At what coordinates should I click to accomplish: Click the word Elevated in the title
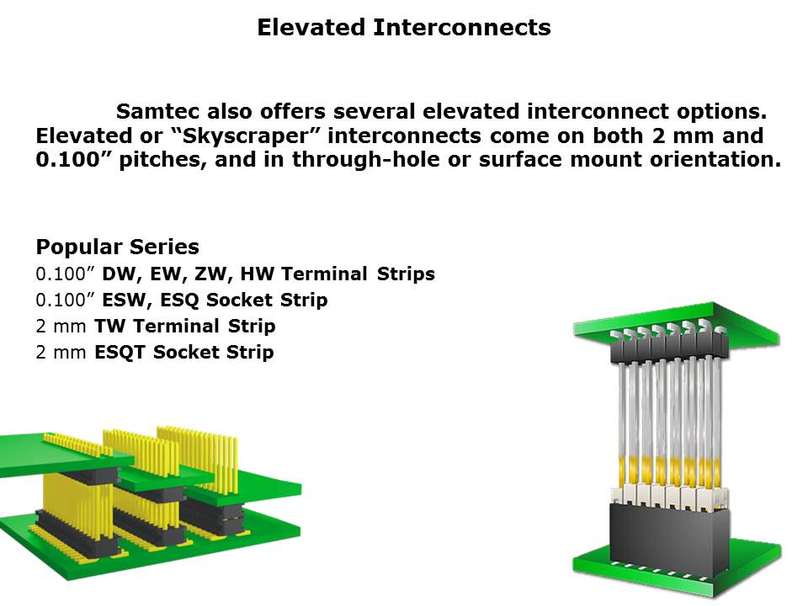pos(311,27)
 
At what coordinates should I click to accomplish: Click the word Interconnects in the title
pos(462,27)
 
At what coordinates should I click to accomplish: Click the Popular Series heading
pos(118,247)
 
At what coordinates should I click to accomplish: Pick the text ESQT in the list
pos(120,353)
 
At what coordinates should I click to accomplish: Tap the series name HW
pos(257,274)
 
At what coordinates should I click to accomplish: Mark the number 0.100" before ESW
pos(65,300)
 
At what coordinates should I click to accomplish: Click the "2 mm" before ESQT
pos(61,353)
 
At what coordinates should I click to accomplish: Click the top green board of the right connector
pos(676,323)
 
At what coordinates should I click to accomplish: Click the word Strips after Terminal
pos(406,274)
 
